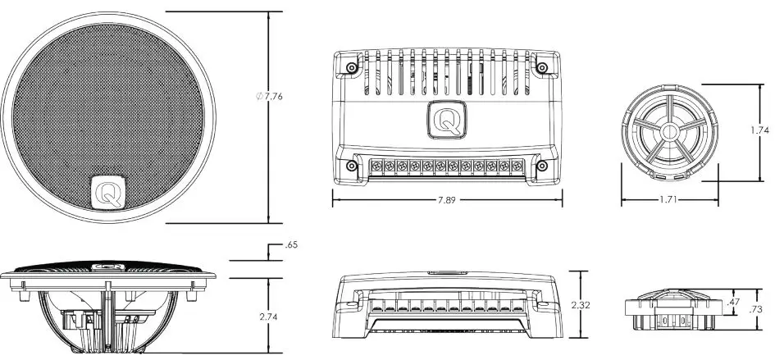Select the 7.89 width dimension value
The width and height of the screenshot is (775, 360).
[446, 199]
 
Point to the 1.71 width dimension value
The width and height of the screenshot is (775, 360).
[670, 199]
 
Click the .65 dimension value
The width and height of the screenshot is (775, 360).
[290, 245]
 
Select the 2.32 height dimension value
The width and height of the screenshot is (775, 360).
[581, 305]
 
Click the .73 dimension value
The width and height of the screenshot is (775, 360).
[757, 309]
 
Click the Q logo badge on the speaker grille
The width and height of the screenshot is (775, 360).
[107, 192]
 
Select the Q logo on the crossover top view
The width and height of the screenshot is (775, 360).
[446, 120]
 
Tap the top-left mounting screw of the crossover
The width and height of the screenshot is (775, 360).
[350, 66]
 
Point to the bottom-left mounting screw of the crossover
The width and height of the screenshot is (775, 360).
[350, 166]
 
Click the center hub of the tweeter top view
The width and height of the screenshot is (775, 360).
[669, 131]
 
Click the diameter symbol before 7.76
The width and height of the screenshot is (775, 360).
[260, 97]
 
